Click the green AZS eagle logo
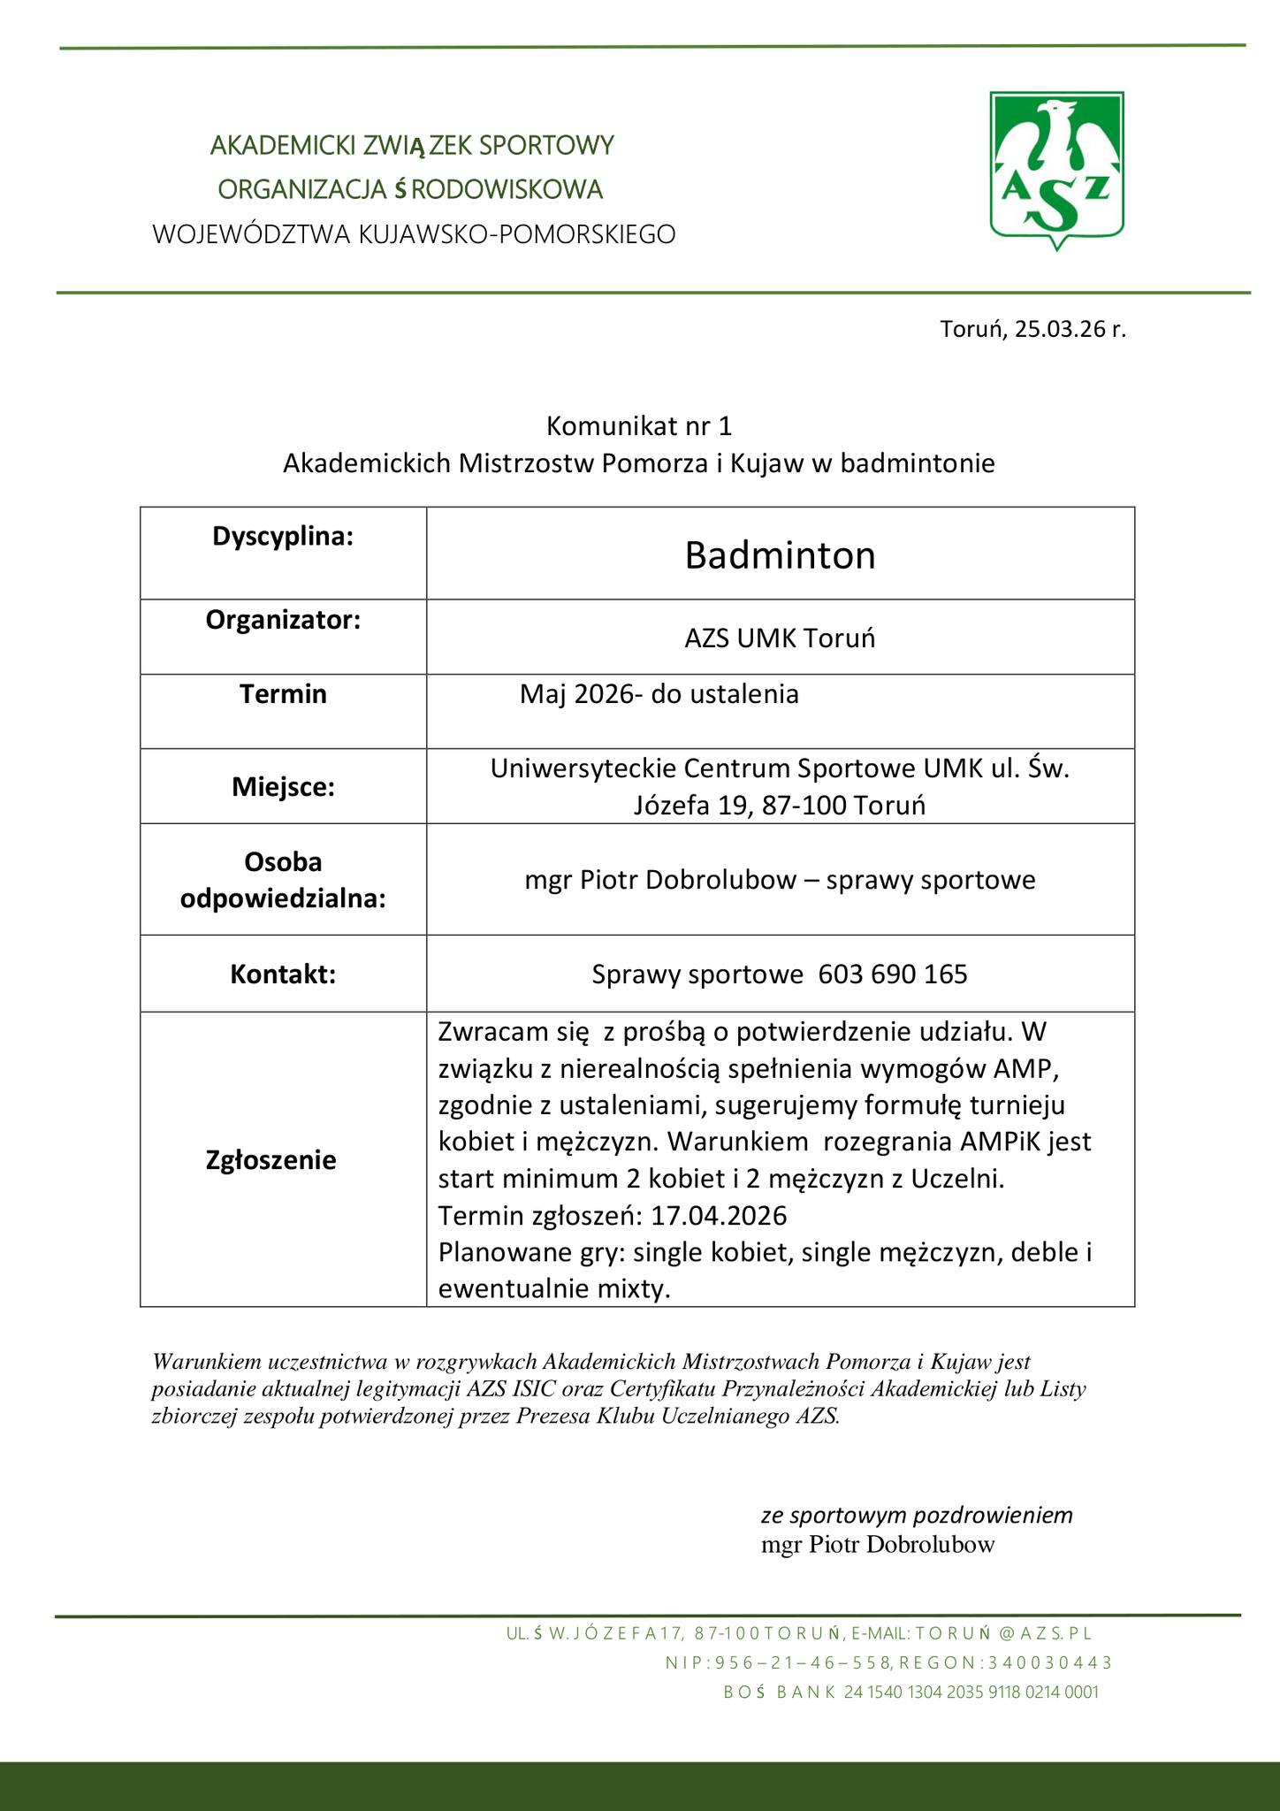click(x=1057, y=169)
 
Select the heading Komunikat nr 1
click(x=639, y=426)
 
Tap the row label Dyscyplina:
click(x=283, y=536)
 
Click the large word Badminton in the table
click(x=780, y=555)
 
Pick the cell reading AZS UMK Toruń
click(x=780, y=638)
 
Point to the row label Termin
click(x=283, y=694)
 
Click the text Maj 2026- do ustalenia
click(x=659, y=694)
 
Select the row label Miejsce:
click(x=283, y=787)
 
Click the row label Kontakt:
click(x=283, y=974)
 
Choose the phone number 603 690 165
click(x=893, y=974)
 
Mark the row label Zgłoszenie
click(x=270, y=1160)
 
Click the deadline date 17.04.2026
click(x=719, y=1217)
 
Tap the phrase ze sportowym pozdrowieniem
click(x=917, y=1515)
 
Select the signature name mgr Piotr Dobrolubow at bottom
click(x=878, y=1545)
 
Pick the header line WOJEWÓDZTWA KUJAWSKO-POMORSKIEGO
click(x=414, y=234)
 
